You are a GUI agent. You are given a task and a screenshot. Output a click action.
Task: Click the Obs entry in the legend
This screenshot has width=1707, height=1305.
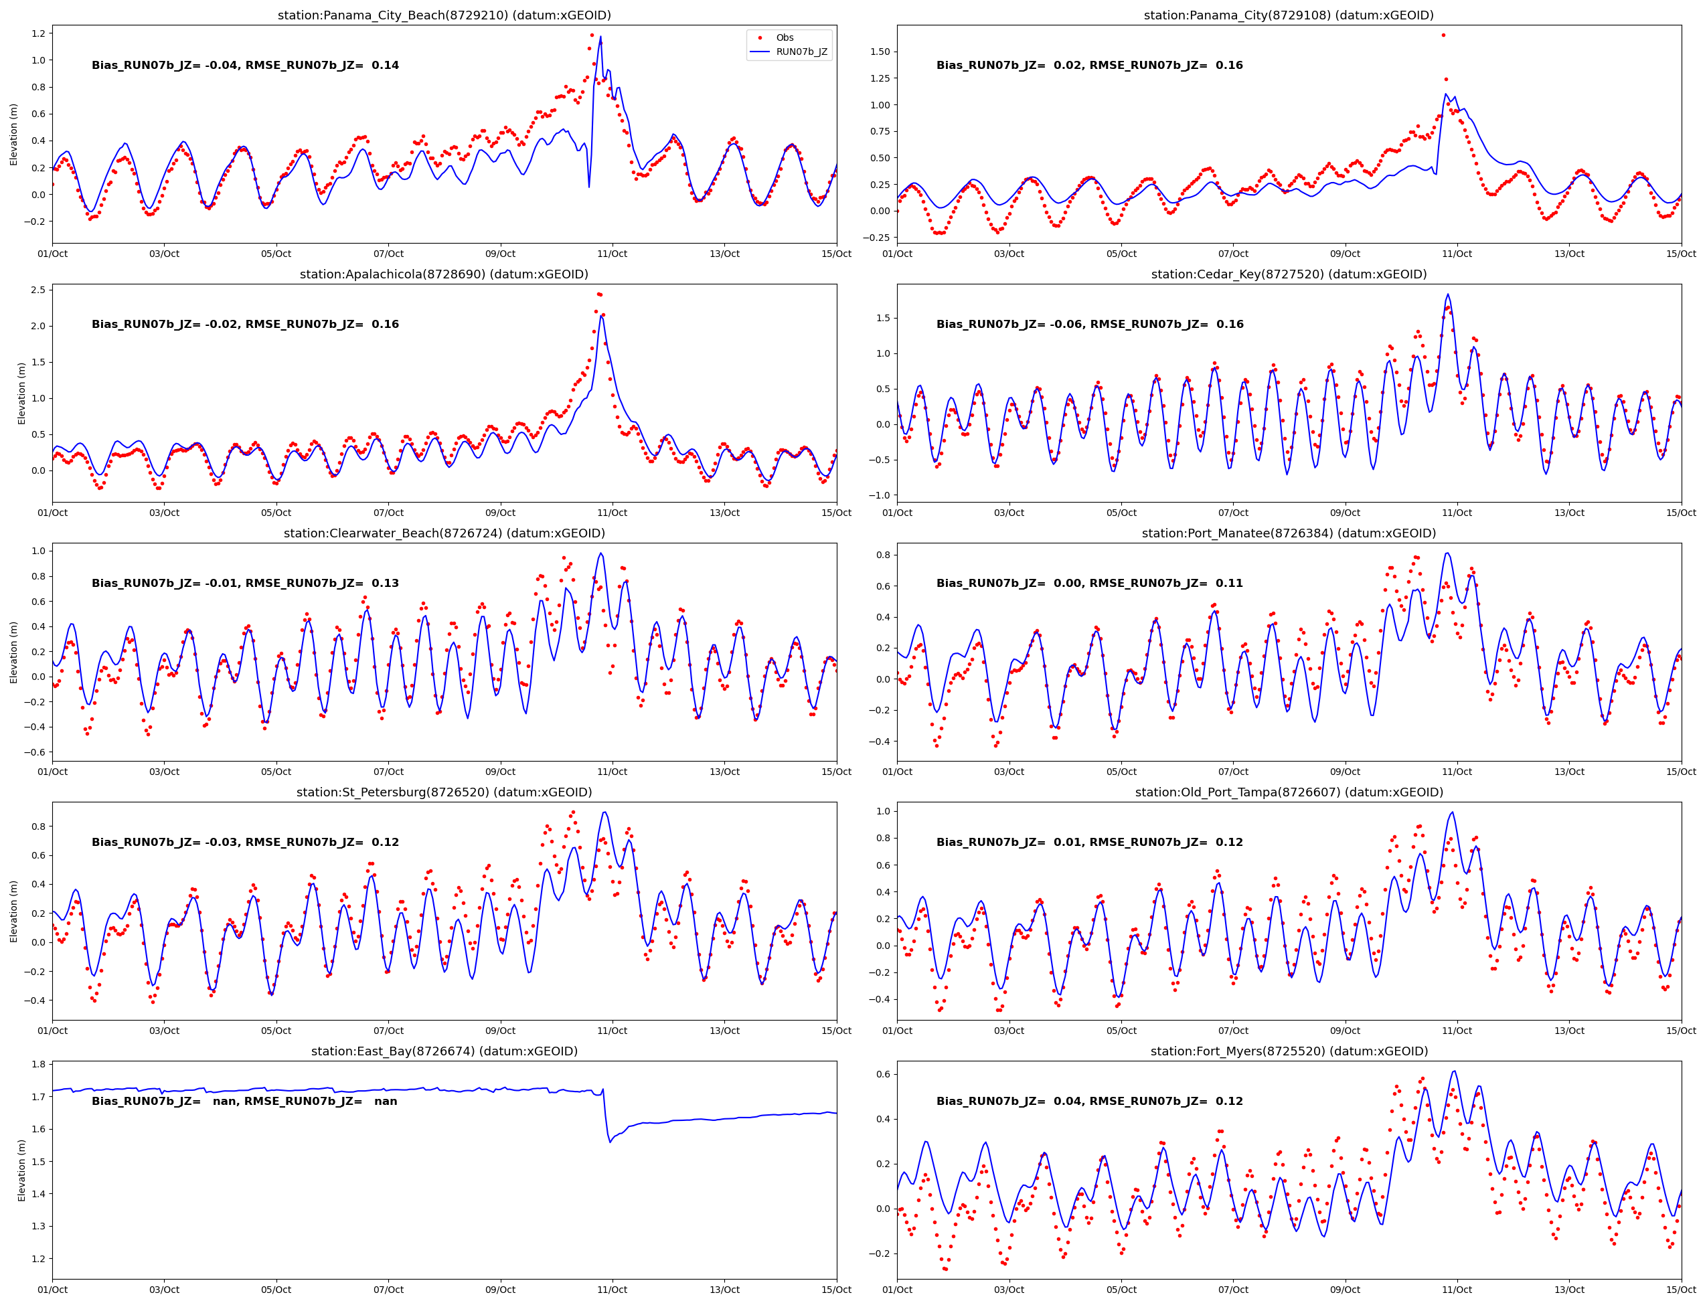(x=784, y=37)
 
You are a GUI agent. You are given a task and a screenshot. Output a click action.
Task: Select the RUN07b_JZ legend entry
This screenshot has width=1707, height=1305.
(x=801, y=52)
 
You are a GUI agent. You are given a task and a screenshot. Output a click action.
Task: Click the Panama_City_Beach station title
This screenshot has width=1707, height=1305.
(x=444, y=15)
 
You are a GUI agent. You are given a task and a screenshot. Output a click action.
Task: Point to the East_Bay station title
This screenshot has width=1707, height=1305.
(x=444, y=1051)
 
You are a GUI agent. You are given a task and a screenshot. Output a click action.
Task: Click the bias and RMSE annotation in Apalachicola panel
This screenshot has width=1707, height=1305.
(x=245, y=324)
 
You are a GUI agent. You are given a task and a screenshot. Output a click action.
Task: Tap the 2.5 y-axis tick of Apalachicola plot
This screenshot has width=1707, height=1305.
(x=37, y=290)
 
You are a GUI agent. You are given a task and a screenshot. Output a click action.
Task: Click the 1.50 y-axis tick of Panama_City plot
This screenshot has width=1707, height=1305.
(x=880, y=52)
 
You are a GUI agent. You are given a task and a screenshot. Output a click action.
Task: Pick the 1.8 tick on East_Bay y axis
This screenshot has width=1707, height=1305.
(x=37, y=1064)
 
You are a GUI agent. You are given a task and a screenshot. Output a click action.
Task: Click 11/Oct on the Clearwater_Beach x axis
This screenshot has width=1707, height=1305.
(x=613, y=772)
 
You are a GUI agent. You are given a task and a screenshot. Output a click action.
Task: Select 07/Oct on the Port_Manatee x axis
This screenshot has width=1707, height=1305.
(x=1233, y=772)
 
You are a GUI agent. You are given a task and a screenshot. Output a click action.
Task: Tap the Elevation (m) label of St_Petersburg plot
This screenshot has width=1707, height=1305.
(x=14, y=911)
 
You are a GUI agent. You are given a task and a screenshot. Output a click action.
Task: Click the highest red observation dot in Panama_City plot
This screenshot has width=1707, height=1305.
(x=1443, y=35)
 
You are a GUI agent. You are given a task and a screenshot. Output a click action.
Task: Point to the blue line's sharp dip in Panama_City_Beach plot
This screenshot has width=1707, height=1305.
(x=589, y=187)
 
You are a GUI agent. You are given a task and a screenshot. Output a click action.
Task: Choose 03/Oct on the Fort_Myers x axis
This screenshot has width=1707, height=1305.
(x=1009, y=1290)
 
